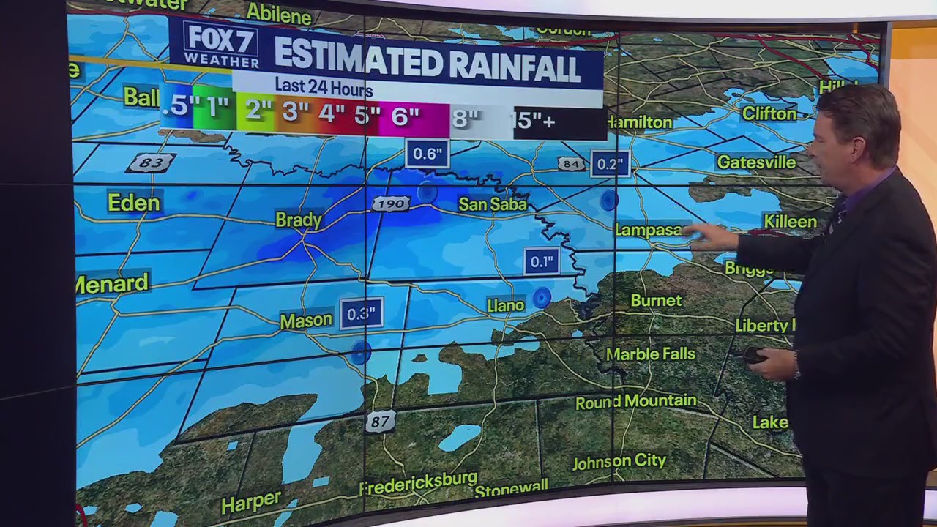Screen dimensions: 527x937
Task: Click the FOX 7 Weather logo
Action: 220,45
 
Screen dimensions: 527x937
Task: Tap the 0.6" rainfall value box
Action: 427,154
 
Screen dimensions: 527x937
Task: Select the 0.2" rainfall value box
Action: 610,165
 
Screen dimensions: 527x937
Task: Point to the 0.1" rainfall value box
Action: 541,261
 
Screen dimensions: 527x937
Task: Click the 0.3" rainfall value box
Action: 361,314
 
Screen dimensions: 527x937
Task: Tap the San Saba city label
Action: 493,204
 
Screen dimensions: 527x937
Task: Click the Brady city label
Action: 299,220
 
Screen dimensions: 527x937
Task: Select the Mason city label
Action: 306,320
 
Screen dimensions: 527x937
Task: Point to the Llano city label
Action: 506,305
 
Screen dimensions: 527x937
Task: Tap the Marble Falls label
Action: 650,354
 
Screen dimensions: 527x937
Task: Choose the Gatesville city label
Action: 756,162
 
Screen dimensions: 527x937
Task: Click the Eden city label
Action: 133,203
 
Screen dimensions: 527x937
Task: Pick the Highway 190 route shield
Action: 390,204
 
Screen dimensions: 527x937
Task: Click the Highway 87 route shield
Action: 380,422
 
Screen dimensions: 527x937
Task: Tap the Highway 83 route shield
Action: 151,162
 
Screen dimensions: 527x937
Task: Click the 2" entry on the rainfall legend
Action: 258,111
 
